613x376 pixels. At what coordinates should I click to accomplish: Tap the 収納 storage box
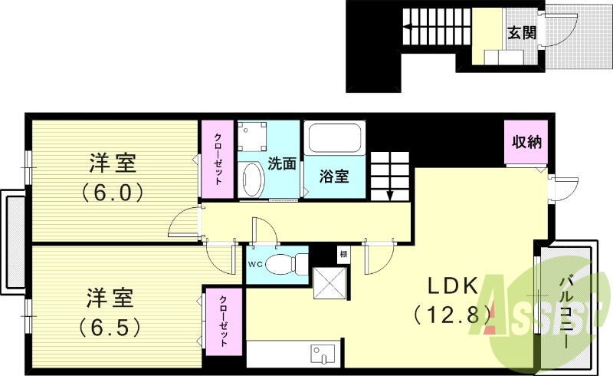[x=527, y=141]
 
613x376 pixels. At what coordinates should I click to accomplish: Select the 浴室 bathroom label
[x=334, y=176]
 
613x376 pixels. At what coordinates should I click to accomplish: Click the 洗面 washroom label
[x=281, y=163]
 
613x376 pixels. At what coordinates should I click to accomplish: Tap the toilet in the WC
[x=287, y=262]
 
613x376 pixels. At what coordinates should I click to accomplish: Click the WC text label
[x=255, y=263]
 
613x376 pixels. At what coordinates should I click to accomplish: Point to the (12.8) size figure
[x=452, y=313]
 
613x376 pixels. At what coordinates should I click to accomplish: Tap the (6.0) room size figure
[x=113, y=192]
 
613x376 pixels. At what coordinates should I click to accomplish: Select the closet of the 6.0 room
[x=218, y=158]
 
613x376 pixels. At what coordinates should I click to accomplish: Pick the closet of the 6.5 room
[x=224, y=321]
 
